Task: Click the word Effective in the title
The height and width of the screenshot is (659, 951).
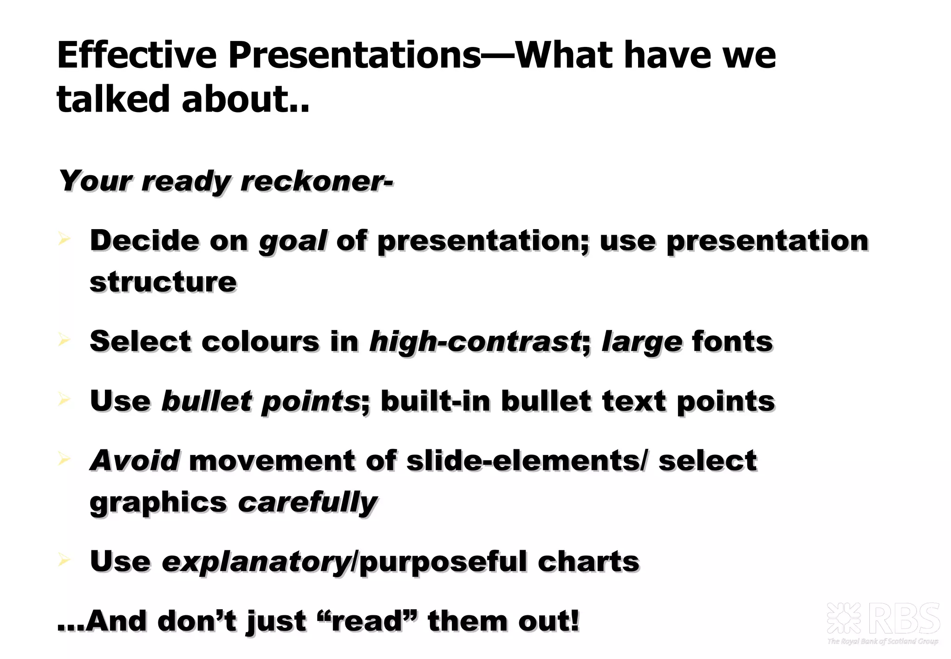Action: (137, 55)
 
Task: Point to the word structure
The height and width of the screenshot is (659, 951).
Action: (163, 282)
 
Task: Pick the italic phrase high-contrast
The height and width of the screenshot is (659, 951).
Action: (474, 342)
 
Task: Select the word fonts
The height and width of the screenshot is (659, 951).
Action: (732, 341)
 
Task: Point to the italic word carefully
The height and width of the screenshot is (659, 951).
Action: (308, 503)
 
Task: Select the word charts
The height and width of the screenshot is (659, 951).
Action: (588, 561)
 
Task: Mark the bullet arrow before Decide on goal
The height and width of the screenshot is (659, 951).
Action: (64, 239)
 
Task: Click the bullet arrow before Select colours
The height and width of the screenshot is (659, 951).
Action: (64, 340)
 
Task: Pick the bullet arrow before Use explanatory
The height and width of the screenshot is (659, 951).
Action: (64, 560)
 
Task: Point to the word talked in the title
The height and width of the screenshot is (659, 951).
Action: (113, 99)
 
